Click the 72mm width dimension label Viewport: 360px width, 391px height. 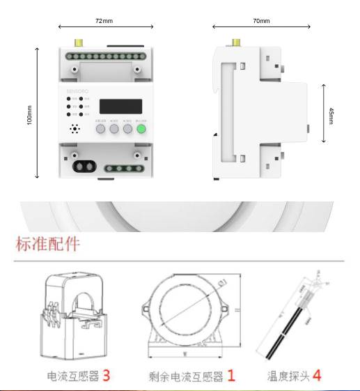click(103, 22)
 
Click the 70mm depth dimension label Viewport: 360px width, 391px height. click(260, 22)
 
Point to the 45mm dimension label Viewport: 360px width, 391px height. click(331, 114)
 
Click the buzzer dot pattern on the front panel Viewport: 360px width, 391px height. click(75, 130)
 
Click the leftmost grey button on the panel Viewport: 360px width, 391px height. click(100, 129)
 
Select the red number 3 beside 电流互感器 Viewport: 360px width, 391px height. click(106, 375)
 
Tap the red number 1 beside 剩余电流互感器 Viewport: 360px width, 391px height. click(230, 375)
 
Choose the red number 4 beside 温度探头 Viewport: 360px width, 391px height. click(316, 375)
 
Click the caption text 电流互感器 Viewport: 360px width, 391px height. click(72, 376)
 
